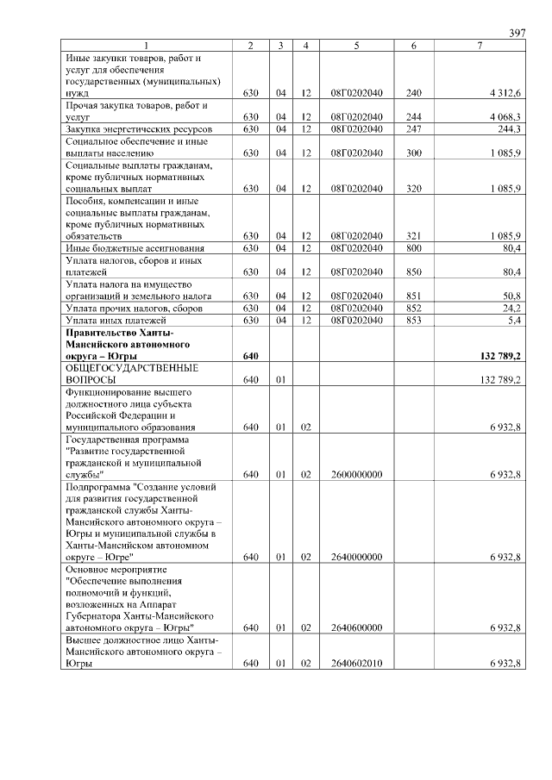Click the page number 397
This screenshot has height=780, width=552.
coord(517,33)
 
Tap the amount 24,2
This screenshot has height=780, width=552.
coord(511,308)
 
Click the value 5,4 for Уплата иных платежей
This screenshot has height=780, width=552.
coord(513,320)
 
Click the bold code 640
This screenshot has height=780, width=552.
coord(251,355)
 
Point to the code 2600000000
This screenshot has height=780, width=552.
coord(356,474)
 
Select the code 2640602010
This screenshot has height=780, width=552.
coord(356,664)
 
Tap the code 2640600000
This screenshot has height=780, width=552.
coord(356,628)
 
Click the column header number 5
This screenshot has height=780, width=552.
coord(356,45)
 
